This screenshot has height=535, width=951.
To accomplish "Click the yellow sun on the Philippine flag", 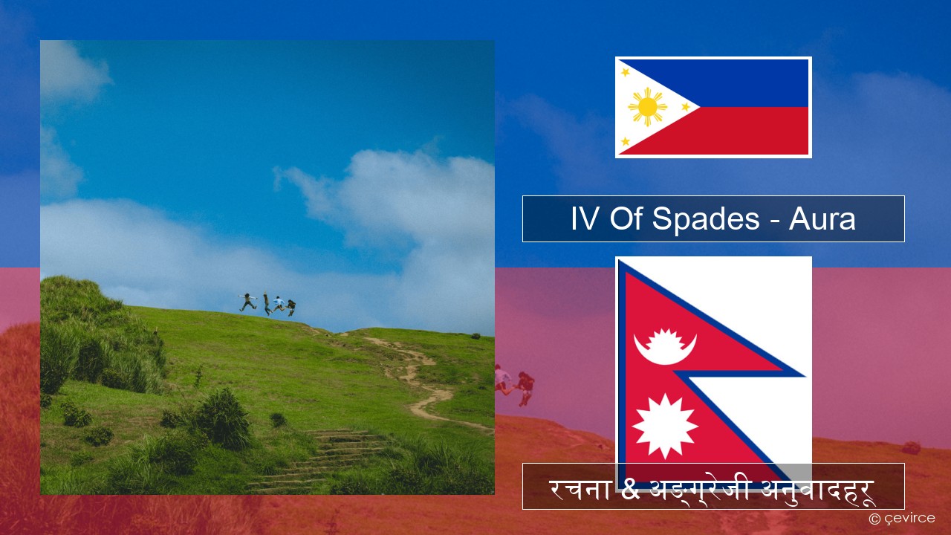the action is [x=647, y=107].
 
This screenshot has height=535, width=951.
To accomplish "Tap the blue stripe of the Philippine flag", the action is [x=739, y=82].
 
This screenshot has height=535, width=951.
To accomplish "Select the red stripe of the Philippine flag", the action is [x=739, y=131].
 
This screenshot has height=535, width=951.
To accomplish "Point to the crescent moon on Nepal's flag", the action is [x=665, y=348].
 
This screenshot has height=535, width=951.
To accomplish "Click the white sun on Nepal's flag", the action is [x=664, y=426].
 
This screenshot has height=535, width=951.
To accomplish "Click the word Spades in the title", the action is [x=706, y=218].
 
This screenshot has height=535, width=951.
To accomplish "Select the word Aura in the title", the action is [x=822, y=219].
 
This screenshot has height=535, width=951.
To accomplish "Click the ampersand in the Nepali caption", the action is [x=629, y=489].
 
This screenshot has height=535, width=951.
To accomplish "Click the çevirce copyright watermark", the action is [x=902, y=518].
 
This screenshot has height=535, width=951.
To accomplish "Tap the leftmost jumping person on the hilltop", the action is [x=248, y=302].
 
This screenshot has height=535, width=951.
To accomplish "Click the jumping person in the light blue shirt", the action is [x=279, y=304].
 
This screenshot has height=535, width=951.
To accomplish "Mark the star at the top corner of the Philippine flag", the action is [x=626, y=72].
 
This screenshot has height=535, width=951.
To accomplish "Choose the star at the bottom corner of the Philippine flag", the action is [x=626, y=141].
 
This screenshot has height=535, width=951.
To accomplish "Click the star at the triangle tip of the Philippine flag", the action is [x=686, y=106].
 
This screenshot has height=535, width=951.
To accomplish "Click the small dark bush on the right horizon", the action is [x=475, y=336].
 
